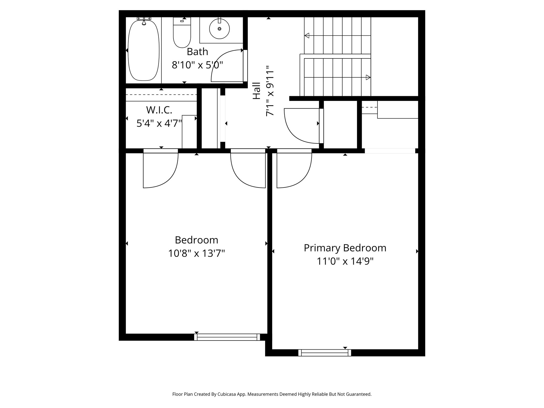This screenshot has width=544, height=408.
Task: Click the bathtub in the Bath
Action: click(144, 50)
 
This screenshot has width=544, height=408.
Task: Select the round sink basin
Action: click(219, 29)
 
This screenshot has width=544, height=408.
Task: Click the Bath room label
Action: click(197, 52)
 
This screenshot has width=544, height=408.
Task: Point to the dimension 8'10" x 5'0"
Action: click(197, 65)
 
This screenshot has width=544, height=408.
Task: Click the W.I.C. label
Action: click(159, 110)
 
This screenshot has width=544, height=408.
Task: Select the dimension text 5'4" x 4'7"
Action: click(159, 123)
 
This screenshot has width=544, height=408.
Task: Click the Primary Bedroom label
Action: click(345, 248)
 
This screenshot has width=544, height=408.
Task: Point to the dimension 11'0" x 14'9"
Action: click(345, 261)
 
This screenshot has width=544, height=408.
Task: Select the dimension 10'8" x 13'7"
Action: click(196, 253)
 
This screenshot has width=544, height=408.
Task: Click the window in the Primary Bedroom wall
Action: click(325, 353)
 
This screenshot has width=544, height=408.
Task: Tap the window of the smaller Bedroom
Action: click(227, 337)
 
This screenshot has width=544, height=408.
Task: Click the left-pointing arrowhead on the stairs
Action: click(307, 35)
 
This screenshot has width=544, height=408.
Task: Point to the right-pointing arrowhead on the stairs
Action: click(368, 78)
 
